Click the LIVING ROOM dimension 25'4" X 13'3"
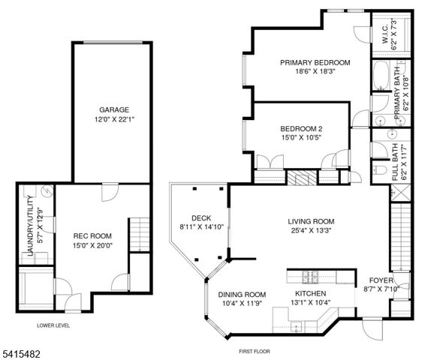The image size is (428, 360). [x=311, y=232]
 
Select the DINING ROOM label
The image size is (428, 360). [x=242, y=295]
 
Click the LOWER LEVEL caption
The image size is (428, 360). [x=53, y=325]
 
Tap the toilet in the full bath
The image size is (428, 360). [x=379, y=172]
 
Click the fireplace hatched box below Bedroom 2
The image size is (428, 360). [x=303, y=177]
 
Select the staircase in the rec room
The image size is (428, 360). [x=137, y=234]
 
